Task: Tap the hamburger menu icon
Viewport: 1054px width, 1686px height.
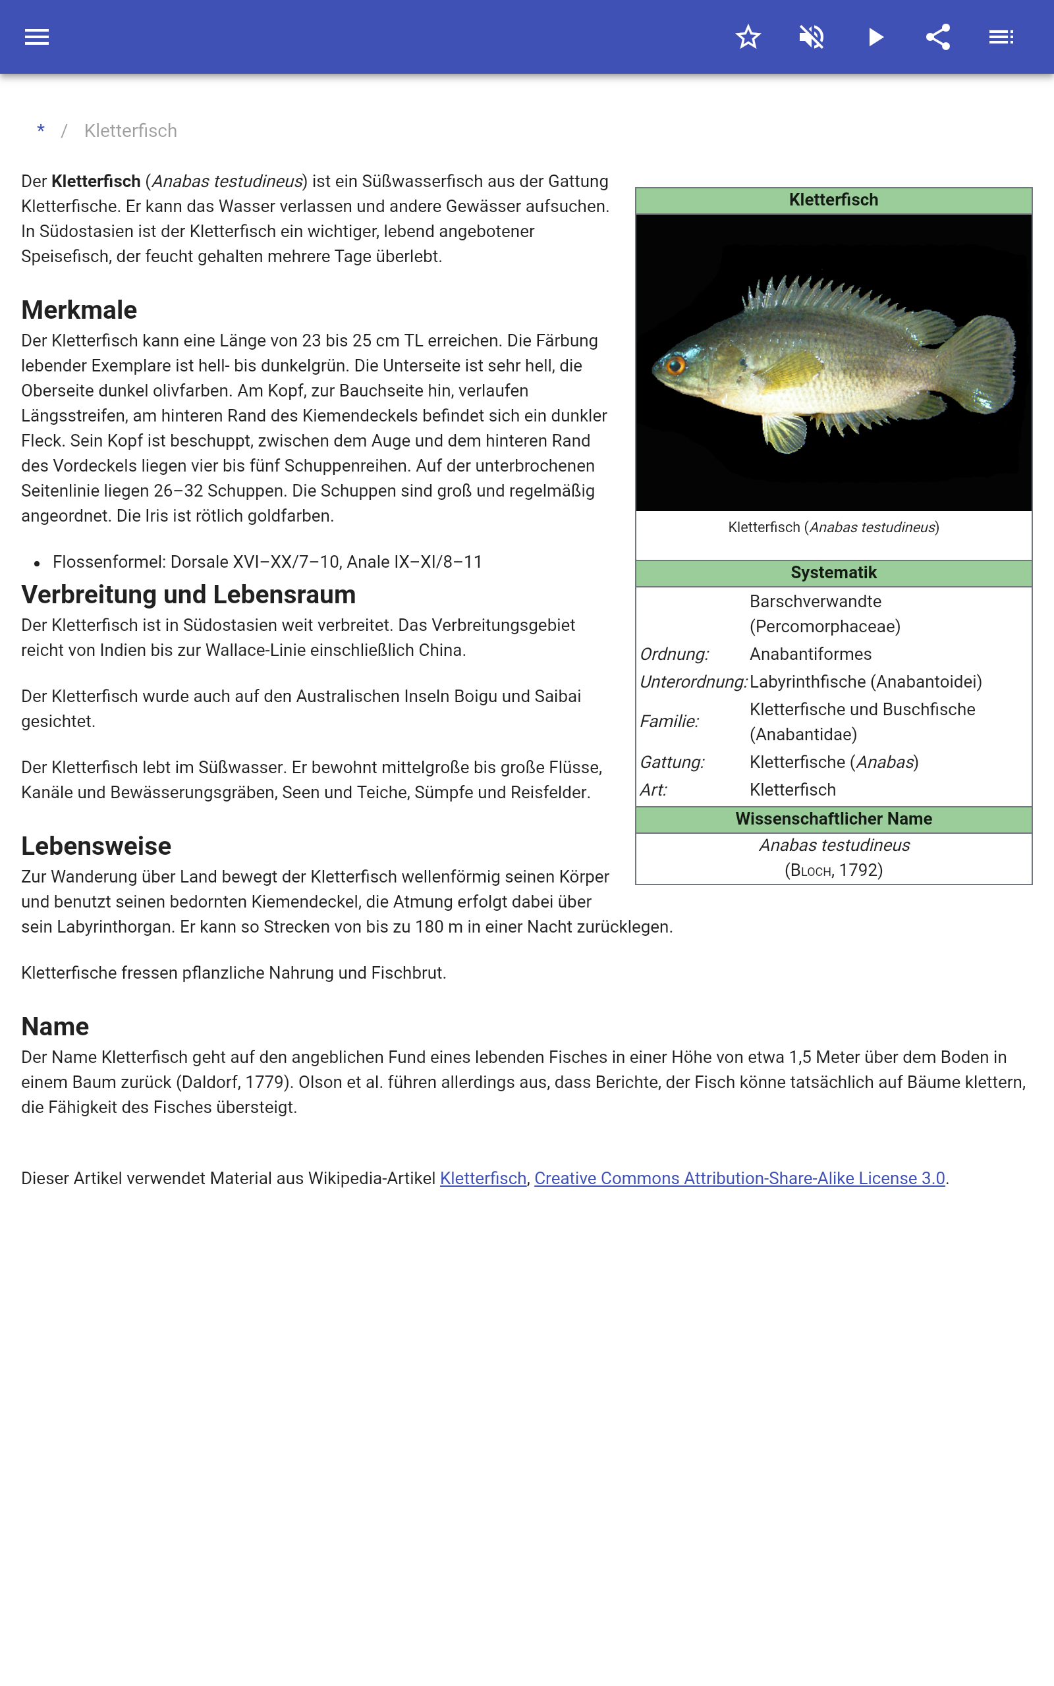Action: click(37, 37)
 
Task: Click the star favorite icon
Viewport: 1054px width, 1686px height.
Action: click(748, 37)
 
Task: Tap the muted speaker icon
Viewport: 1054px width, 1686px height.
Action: click(812, 37)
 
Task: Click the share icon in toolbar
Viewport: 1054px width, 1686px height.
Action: click(938, 37)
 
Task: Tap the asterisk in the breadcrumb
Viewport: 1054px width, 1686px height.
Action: click(41, 130)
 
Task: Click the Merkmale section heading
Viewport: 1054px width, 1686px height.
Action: click(79, 310)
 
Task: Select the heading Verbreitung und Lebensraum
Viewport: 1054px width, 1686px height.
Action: click(188, 594)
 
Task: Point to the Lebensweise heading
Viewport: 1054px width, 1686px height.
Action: click(96, 846)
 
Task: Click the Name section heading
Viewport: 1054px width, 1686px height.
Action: click(55, 1026)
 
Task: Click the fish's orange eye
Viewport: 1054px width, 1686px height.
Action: click(675, 364)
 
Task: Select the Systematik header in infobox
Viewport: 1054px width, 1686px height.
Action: click(833, 573)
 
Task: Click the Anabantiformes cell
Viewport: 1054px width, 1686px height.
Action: click(810, 654)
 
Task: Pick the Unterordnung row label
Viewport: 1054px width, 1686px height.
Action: click(693, 682)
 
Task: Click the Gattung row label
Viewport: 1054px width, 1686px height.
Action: click(672, 762)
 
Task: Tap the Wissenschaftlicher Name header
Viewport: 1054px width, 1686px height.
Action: click(833, 819)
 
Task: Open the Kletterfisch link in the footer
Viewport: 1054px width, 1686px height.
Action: click(482, 1178)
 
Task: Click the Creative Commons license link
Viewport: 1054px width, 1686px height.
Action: click(739, 1178)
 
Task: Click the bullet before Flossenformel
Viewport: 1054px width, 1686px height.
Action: click(37, 563)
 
